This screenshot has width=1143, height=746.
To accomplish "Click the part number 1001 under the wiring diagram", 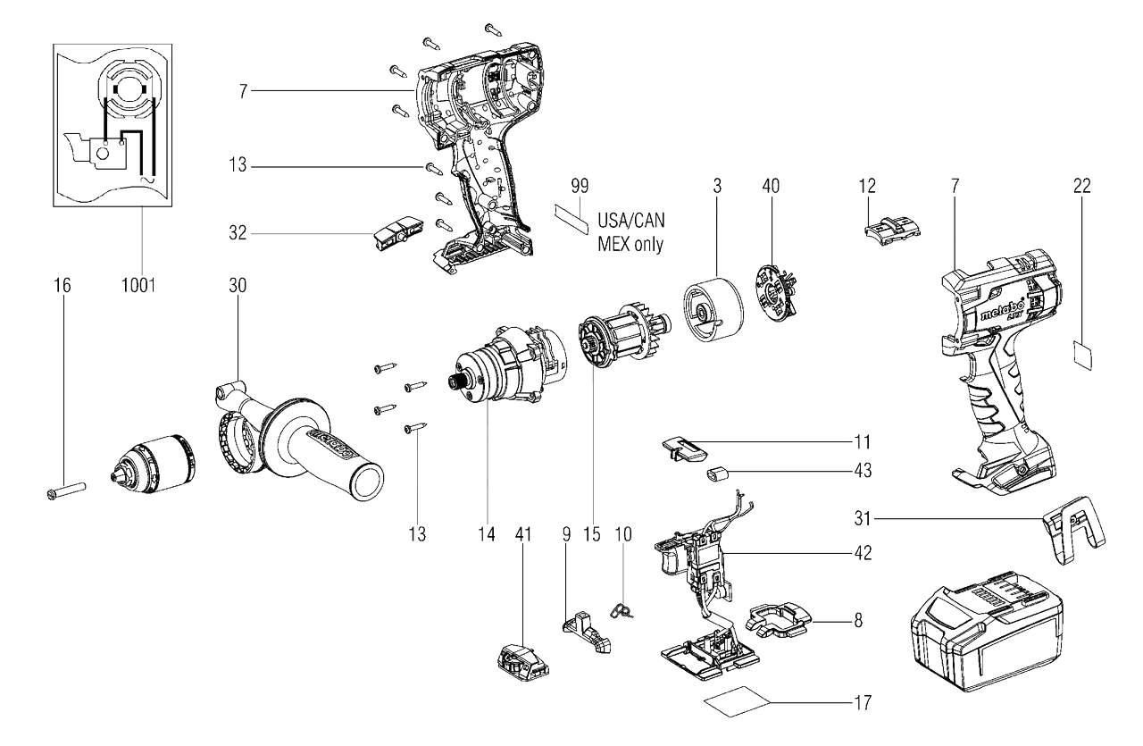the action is (138, 285).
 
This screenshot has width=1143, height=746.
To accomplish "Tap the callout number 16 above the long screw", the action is (63, 285).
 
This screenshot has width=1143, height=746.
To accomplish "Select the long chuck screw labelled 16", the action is (65, 490).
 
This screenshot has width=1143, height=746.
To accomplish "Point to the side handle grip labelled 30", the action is (298, 441).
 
